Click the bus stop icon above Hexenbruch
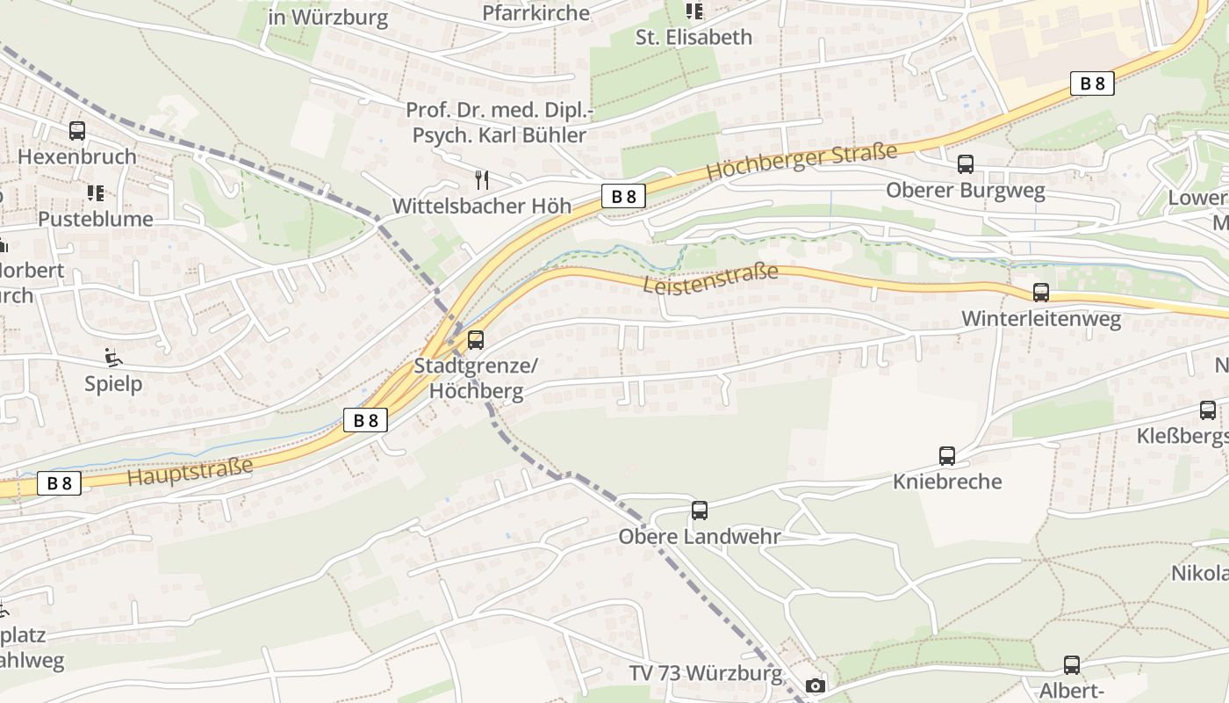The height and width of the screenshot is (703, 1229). (77, 131)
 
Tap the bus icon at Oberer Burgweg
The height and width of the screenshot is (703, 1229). (966, 164)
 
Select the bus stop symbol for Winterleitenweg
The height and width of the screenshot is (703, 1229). (1041, 293)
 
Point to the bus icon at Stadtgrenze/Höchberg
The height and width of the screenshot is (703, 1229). (476, 339)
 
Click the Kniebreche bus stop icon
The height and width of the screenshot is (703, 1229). (947, 456)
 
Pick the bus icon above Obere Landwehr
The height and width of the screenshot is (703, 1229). (700, 511)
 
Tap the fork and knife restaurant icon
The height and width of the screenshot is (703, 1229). (481, 180)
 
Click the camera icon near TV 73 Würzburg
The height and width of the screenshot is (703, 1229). (816, 685)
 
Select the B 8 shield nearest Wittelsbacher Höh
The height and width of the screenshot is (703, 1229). (623, 196)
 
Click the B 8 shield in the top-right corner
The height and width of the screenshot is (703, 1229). (1092, 83)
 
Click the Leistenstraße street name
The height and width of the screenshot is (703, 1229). (710, 279)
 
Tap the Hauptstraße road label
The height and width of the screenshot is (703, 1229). (190, 472)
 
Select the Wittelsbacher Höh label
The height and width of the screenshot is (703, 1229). (481, 207)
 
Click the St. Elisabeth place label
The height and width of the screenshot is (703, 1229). (694, 37)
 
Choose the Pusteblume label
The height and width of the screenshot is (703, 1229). (95, 219)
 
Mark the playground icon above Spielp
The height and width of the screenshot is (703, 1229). (113, 358)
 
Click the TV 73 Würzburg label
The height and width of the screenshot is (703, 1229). (706, 674)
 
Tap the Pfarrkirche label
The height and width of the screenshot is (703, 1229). (535, 12)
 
